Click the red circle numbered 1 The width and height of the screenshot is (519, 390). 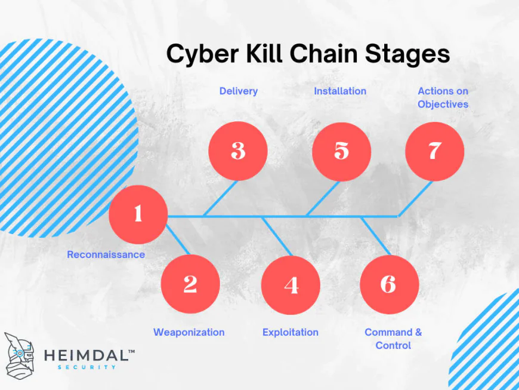[x=138, y=214]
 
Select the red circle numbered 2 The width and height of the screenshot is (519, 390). [x=190, y=284]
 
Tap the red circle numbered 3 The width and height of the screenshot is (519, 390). [x=238, y=151]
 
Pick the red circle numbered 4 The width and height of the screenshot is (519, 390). [x=291, y=285]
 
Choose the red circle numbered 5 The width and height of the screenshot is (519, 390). [x=342, y=152]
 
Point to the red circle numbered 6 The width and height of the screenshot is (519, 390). [x=390, y=284]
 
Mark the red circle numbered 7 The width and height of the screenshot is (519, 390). [x=435, y=151]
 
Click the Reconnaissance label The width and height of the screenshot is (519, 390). [x=106, y=254]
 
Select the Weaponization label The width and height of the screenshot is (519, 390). [x=189, y=332]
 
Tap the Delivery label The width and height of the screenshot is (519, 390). [x=239, y=91]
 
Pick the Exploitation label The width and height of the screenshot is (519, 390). [x=291, y=332]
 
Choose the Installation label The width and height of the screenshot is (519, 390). [x=340, y=91]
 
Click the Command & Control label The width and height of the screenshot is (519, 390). [x=393, y=339]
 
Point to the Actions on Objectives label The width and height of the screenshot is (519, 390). [x=443, y=97]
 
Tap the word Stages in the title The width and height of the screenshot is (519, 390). [x=407, y=55]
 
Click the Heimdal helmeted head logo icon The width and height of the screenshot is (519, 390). [x=19, y=356]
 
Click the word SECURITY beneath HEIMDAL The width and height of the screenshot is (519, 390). [x=86, y=367]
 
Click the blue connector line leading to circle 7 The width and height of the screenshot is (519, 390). [x=415, y=199]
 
